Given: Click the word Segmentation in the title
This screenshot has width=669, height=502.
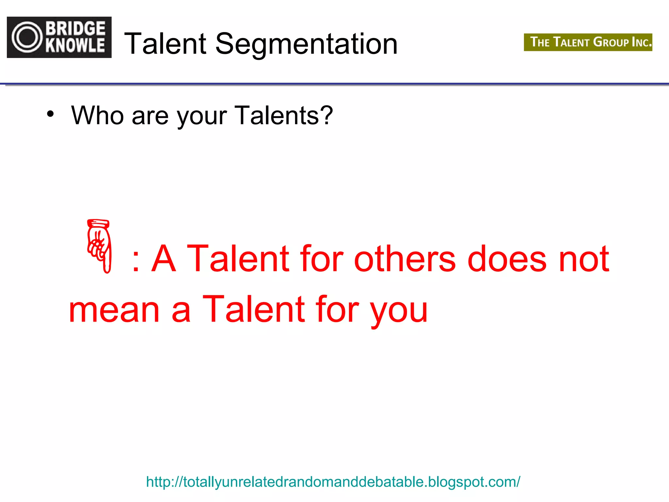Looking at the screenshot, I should pos(306,44).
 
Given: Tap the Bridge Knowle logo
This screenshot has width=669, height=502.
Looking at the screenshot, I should pos(59,37).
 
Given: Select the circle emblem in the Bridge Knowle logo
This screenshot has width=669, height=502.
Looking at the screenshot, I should pos(27,37).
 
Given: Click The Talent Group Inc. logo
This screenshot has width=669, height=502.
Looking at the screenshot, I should pos(588,42).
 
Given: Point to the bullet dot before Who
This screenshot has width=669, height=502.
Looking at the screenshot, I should pos(50,114).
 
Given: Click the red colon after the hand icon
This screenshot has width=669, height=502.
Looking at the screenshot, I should pos(136,261).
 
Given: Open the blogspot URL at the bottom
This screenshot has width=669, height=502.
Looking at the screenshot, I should pos(333,482).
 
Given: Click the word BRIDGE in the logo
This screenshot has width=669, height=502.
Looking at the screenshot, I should pos(75,28).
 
